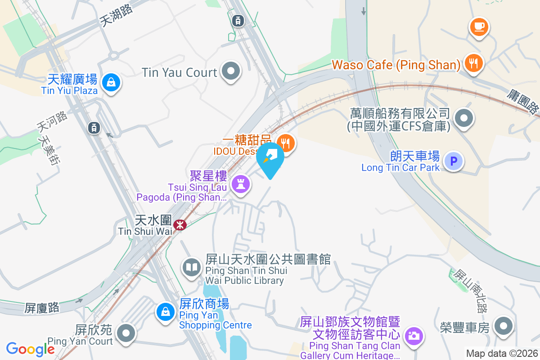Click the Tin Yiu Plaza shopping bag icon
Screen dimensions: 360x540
coord(110,82)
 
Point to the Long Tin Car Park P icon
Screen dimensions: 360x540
coord(454,161)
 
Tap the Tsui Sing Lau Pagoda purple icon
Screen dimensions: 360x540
coord(241,184)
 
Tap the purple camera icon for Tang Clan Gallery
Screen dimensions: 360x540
coord(413,335)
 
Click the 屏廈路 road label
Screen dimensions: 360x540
coord(42,308)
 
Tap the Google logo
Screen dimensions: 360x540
coord(30,349)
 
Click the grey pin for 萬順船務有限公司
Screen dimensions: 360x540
coord(464,119)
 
